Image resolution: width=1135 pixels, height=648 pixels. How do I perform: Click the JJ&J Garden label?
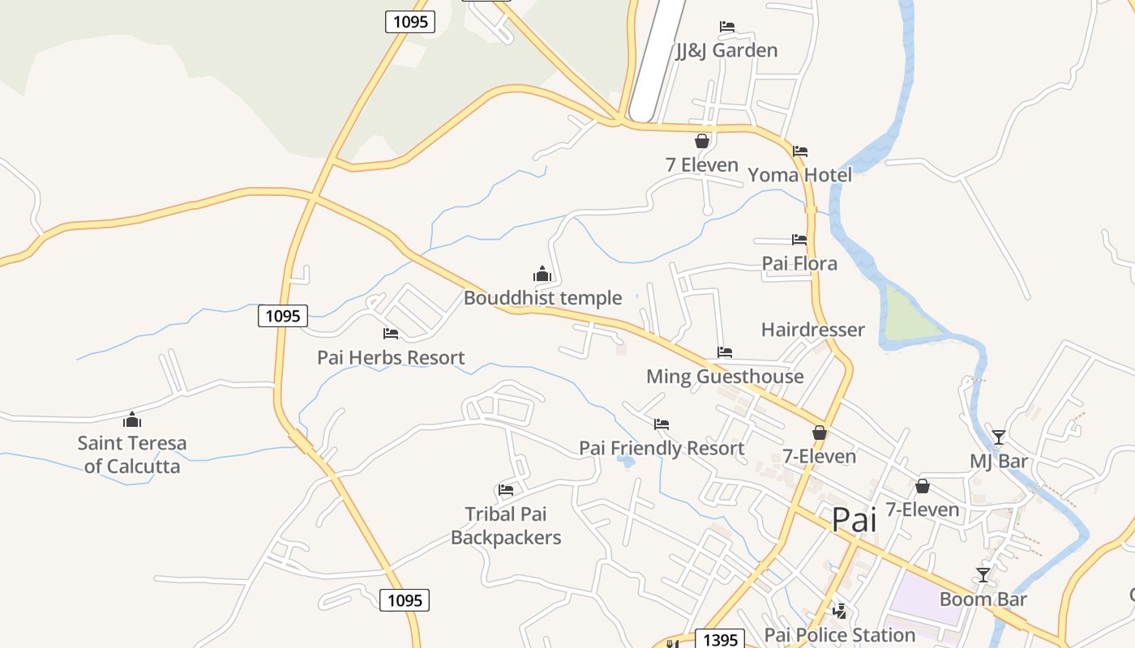pyautogui.click(x=726, y=50)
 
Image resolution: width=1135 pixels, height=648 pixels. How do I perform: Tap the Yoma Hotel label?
pyautogui.click(x=799, y=175)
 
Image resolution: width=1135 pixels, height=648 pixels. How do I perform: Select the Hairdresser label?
pyautogui.click(x=812, y=330)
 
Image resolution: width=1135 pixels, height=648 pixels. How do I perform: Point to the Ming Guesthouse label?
pyautogui.click(x=725, y=377)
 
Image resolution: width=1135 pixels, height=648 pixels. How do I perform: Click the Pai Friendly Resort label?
pyautogui.click(x=662, y=448)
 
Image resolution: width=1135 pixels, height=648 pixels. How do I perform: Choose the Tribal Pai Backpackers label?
pyautogui.click(x=506, y=526)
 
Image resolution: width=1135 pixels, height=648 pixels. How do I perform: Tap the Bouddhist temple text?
pyautogui.click(x=542, y=298)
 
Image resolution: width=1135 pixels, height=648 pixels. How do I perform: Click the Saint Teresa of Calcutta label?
pyautogui.click(x=132, y=454)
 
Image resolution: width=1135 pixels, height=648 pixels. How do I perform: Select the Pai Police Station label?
pyautogui.click(x=840, y=635)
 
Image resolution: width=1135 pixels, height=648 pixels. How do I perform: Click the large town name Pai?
pyautogui.click(x=854, y=519)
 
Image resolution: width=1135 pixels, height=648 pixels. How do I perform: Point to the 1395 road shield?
pyautogui.click(x=720, y=640)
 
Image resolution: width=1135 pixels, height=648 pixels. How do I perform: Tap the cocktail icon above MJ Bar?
pyautogui.click(x=999, y=437)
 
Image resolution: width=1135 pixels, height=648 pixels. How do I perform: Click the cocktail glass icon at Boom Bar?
pyautogui.click(x=983, y=575)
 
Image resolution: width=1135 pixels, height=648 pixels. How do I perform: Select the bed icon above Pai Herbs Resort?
pyautogui.click(x=391, y=333)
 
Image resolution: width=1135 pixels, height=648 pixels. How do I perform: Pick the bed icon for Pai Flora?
pyautogui.click(x=799, y=240)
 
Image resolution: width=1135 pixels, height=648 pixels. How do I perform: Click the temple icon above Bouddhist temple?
pyautogui.click(x=542, y=274)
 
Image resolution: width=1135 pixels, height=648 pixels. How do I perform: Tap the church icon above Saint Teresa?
pyautogui.click(x=132, y=420)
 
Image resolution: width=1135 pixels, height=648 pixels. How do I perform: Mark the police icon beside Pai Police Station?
pyautogui.click(x=840, y=611)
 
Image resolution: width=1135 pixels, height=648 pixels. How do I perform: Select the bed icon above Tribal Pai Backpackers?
pyautogui.click(x=506, y=489)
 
